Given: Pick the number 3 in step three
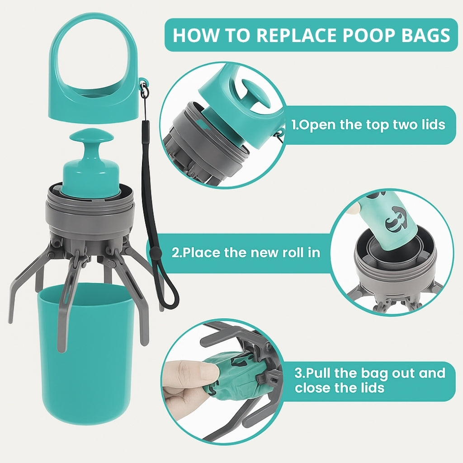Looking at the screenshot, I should [x=298, y=373].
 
